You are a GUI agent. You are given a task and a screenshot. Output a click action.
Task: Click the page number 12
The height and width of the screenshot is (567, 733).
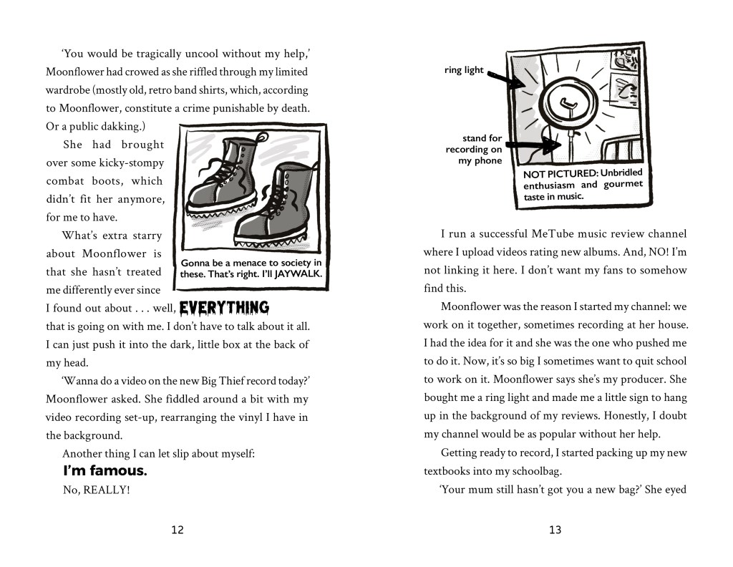pyautogui.click(x=178, y=530)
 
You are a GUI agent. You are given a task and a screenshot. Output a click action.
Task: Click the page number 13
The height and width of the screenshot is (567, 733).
pyautogui.click(x=555, y=530)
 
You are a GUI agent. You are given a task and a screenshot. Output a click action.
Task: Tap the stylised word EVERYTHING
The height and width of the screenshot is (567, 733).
pyautogui.click(x=224, y=309)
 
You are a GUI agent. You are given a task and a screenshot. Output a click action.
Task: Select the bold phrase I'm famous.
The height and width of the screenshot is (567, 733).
pyautogui.click(x=105, y=471)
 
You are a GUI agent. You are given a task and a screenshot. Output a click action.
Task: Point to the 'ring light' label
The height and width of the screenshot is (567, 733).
pyautogui.click(x=464, y=70)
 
